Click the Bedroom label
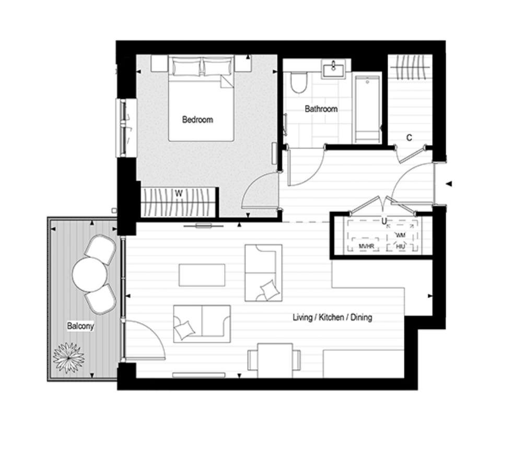coord(197,120)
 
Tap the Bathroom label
coord(321,109)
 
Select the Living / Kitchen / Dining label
coord(332,317)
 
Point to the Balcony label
coord(80,326)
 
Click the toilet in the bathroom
coord(298,82)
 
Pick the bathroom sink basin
coord(333,69)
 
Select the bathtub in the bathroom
coord(367,110)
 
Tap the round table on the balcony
coord(90,275)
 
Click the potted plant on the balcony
coord(68,358)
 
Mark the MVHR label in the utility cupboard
coord(366,246)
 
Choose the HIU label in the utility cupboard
coord(401,246)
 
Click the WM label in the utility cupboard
coord(401,235)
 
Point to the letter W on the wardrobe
coord(178,194)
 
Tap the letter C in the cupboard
coord(409,138)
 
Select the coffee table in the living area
coord(202,275)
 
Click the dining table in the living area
coord(275,360)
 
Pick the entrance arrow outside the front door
coord(449,184)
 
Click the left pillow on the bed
coord(186,67)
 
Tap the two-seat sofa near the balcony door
coord(202,324)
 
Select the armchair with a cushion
coord(263,273)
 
